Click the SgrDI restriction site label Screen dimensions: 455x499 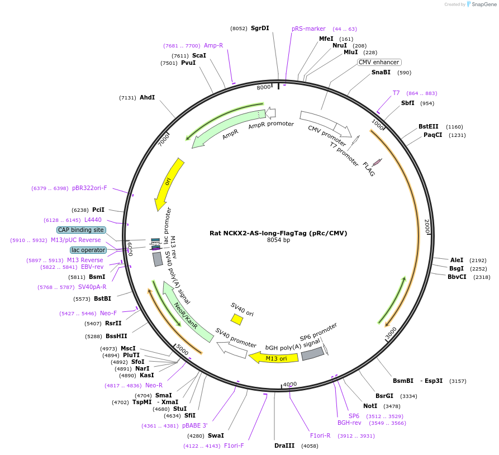[x=260, y=28]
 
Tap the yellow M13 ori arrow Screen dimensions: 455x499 [x=274, y=358]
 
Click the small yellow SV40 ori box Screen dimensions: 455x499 [x=237, y=319]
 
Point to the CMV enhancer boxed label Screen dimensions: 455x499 [x=379, y=62]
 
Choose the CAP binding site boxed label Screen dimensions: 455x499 [x=81, y=230]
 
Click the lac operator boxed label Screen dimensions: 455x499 [x=88, y=250]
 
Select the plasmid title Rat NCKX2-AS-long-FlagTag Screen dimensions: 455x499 [x=278, y=233]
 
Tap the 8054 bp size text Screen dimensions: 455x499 [x=278, y=240]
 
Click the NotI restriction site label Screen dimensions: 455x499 [x=370, y=406]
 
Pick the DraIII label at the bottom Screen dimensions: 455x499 [x=284, y=445]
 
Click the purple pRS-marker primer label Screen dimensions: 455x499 [x=308, y=29]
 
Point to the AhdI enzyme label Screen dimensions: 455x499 [x=147, y=97]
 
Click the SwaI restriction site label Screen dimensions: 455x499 [x=216, y=435]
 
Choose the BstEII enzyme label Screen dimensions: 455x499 [x=429, y=126]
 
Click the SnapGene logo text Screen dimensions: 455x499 [x=484, y=4]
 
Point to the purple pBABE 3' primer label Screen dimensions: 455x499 [x=194, y=425]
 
